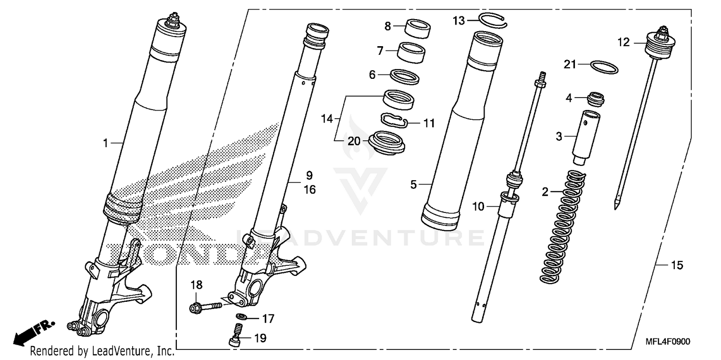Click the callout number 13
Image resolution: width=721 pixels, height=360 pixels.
459,20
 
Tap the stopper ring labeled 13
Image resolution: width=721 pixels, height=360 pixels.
493,20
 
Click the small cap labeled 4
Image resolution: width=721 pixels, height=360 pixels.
596,99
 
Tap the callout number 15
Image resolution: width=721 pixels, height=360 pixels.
677,265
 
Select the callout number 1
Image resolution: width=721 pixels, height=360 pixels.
105,142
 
